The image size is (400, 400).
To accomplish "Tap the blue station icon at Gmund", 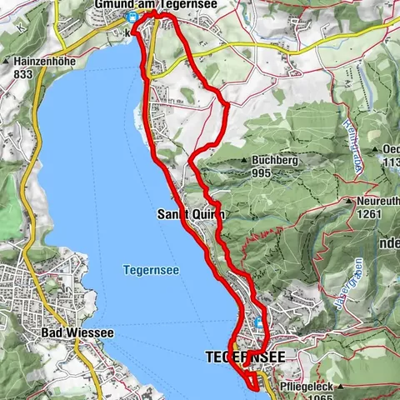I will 129,17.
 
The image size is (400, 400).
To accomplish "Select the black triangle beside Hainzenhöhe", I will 6,62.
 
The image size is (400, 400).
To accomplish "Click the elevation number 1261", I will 367,213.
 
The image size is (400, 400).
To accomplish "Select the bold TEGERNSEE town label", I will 245,357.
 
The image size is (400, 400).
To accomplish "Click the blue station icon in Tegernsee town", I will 257,322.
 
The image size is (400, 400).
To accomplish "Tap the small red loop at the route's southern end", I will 252,380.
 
